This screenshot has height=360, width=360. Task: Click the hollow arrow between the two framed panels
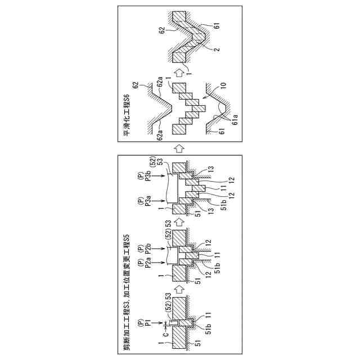[179, 148]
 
